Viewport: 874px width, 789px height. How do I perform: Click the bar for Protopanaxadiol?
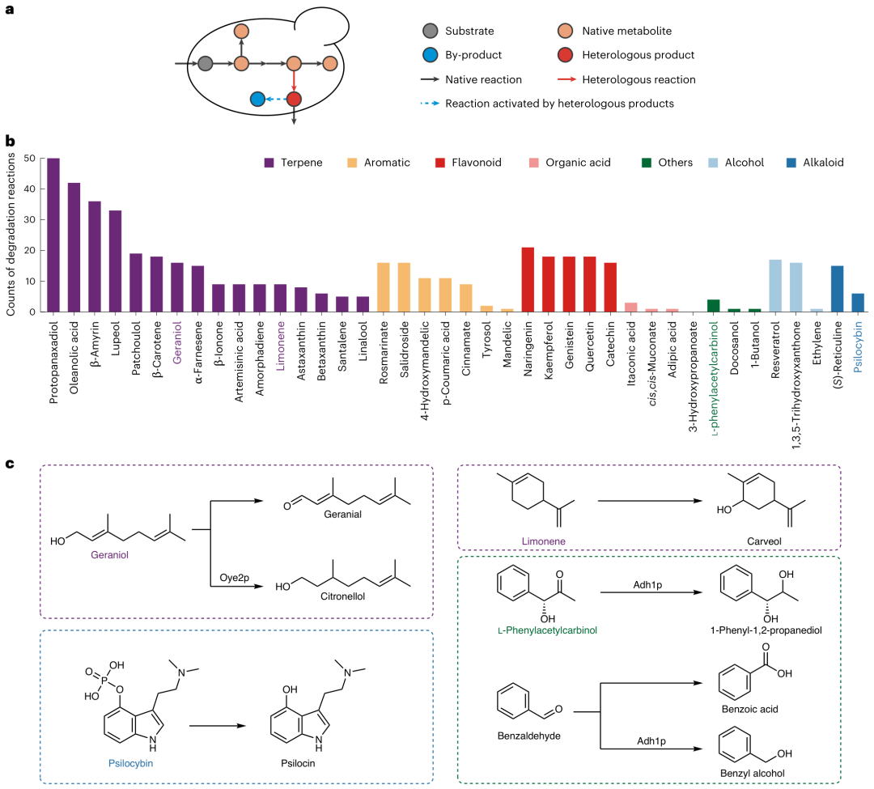[x=53, y=235]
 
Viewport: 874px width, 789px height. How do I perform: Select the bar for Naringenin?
[x=528, y=280]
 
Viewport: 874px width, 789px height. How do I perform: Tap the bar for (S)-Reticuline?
[x=838, y=289]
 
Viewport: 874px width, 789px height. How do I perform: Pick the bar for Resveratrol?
[x=775, y=286]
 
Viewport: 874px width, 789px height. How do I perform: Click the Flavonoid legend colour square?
[x=440, y=163]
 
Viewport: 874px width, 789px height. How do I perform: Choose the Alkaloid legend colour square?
[x=791, y=163]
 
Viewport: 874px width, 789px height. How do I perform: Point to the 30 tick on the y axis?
[x=30, y=219]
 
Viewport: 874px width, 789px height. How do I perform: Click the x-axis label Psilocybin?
[x=858, y=347]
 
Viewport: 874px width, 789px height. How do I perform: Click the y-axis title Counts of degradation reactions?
[x=11, y=235]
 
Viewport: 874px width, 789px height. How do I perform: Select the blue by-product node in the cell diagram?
[x=257, y=100]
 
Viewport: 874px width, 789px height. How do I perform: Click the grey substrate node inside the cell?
[x=205, y=63]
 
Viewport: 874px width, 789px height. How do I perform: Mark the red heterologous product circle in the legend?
[x=565, y=54]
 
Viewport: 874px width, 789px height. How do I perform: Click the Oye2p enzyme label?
[x=234, y=577]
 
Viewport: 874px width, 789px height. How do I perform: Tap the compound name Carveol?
[x=764, y=541]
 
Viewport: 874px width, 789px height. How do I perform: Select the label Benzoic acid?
[x=749, y=709]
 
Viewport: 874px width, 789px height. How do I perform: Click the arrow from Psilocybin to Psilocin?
[x=218, y=726]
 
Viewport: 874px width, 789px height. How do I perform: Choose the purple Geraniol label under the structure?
[x=110, y=554]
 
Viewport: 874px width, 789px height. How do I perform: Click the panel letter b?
[x=10, y=141]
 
